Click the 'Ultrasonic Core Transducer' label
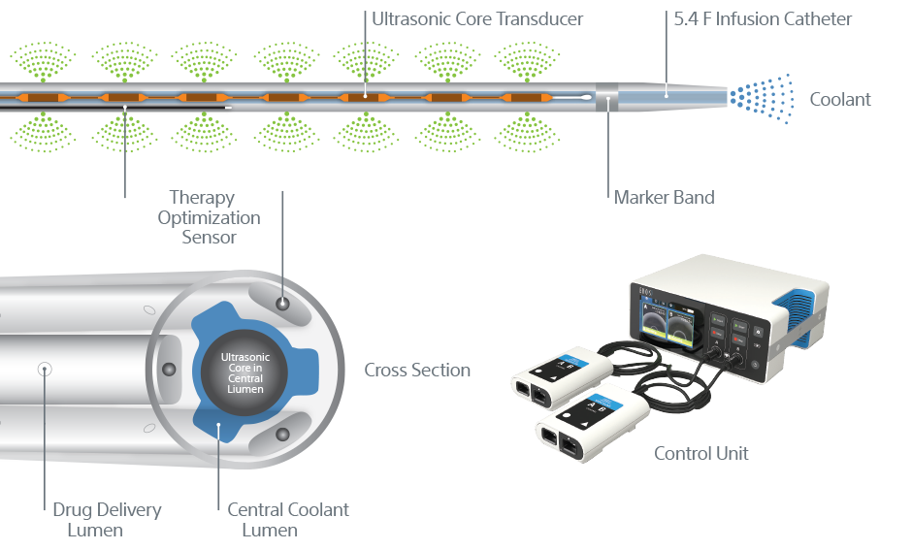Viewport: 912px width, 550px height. [x=477, y=18]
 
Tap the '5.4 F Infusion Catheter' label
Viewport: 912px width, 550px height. [x=763, y=18]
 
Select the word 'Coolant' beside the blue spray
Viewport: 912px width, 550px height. [x=839, y=99]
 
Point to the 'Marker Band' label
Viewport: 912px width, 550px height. [x=664, y=197]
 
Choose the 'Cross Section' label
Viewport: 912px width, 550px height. [x=417, y=370]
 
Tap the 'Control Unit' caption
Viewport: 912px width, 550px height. [x=700, y=453]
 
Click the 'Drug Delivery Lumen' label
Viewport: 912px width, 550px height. [x=107, y=519]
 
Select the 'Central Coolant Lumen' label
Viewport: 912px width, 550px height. [x=287, y=519]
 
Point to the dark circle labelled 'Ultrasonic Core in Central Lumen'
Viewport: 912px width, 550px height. [x=244, y=372]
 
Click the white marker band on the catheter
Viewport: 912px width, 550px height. [x=607, y=97]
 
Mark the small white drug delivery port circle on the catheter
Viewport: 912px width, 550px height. [x=44, y=369]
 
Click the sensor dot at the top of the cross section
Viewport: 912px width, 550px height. [x=282, y=305]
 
